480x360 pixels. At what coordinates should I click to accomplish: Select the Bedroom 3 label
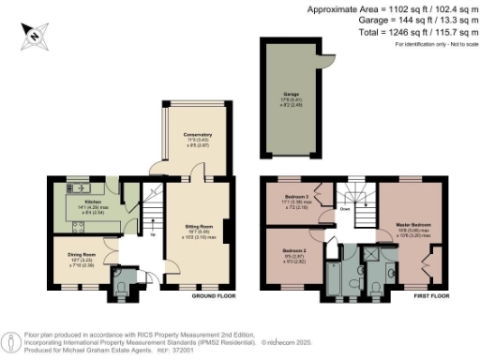click(x=297, y=196)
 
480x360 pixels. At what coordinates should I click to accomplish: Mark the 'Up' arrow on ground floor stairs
click(x=154, y=234)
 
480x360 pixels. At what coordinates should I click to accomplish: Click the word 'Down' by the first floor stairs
click(x=344, y=210)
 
